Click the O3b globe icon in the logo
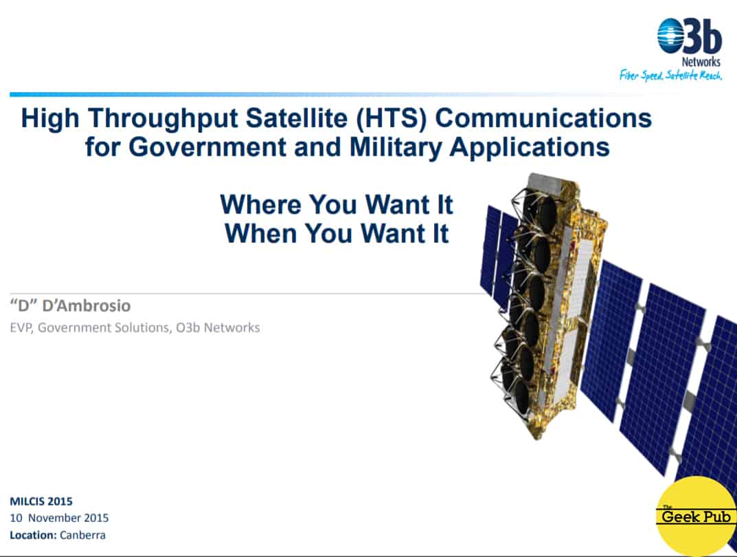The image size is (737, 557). (x=671, y=36)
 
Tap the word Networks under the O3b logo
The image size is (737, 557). (x=701, y=62)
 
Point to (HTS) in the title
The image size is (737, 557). (x=392, y=118)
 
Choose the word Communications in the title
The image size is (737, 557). (x=543, y=117)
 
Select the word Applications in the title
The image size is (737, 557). (x=530, y=147)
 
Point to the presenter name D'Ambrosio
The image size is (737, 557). (x=87, y=306)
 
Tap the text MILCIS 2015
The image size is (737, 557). (x=41, y=501)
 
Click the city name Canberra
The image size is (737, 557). (x=82, y=535)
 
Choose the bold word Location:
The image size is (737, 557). (x=34, y=535)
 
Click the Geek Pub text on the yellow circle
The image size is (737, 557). (x=696, y=516)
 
